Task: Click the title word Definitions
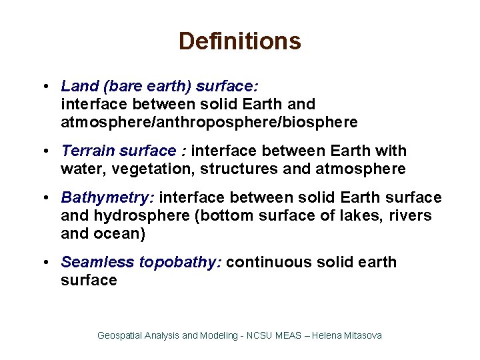click(x=239, y=41)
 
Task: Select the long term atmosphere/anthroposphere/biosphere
click(x=209, y=123)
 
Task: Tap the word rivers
click(x=411, y=216)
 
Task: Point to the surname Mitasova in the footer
click(x=363, y=335)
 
